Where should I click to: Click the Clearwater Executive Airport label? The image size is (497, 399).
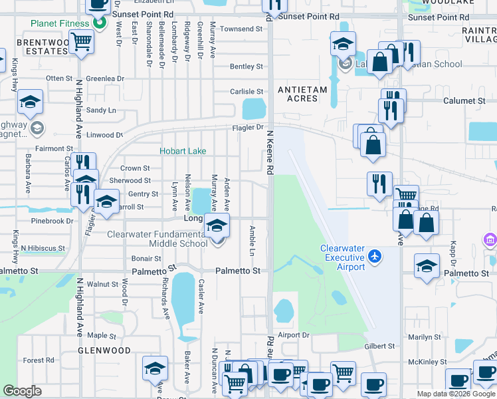click(x=342, y=257)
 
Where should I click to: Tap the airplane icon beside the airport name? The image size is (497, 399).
click(x=375, y=256)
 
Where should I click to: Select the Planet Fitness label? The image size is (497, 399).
click(x=59, y=24)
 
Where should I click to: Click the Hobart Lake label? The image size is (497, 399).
click(x=182, y=151)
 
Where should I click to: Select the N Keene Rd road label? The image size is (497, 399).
click(x=270, y=152)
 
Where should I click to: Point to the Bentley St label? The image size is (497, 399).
click(x=246, y=66)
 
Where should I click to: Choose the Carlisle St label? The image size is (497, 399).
click(x=247, y=92)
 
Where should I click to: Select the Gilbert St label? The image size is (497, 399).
click(x=379, y=346)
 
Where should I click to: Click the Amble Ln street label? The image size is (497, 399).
click(x=252, y=241)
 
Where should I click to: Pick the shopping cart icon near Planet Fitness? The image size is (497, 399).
click(x=82, y=42)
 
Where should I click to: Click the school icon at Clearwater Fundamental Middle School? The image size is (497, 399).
click(x=217, y=226)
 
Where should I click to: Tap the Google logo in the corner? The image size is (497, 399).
click(x=22, y=391)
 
